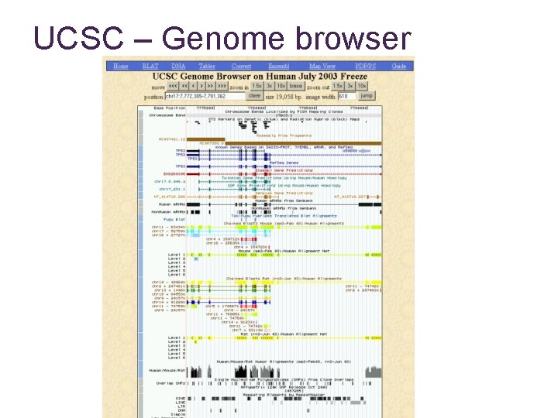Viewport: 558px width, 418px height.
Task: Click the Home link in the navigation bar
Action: pyautogui.click(x=121, y=67)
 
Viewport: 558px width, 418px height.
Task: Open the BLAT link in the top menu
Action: pyautogui.click(x=150, y=67)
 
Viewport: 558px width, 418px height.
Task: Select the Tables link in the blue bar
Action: pyautogui.click(x=207, y=67)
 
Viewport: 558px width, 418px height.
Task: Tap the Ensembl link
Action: pyautogui.click(x=278, y=67)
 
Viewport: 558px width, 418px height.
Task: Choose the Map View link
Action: pyautogui.click(x=322, y=67)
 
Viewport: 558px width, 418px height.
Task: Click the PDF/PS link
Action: pyautogui.click(x=363, y=67)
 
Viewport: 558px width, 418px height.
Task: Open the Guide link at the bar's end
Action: pyautogui.click(x=399, y=67)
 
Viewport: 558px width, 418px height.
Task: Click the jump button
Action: pyautogui.click(x=367, y=96)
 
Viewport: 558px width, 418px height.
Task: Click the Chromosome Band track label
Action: pyautogui.click(x=168, y=115)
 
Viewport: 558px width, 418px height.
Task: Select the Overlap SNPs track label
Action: pyautogui.click(x=170, y=382)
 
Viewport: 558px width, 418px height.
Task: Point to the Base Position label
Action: pyautogui.click(x=170, y=108)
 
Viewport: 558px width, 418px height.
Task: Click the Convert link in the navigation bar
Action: pyautogui.click(x=241, y=67)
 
